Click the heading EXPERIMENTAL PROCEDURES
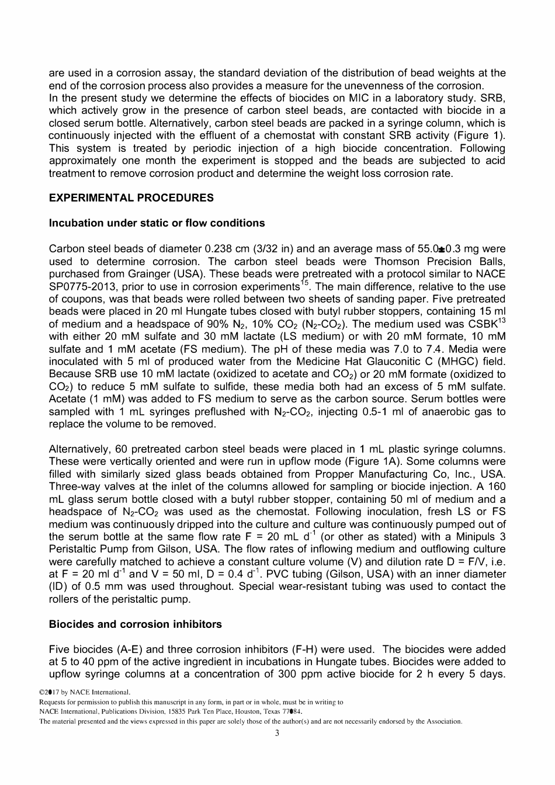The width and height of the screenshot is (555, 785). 131,198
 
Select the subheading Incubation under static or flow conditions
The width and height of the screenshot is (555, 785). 157,223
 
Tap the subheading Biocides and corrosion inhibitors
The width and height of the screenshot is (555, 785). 135,624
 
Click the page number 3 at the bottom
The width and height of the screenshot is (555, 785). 277,734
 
